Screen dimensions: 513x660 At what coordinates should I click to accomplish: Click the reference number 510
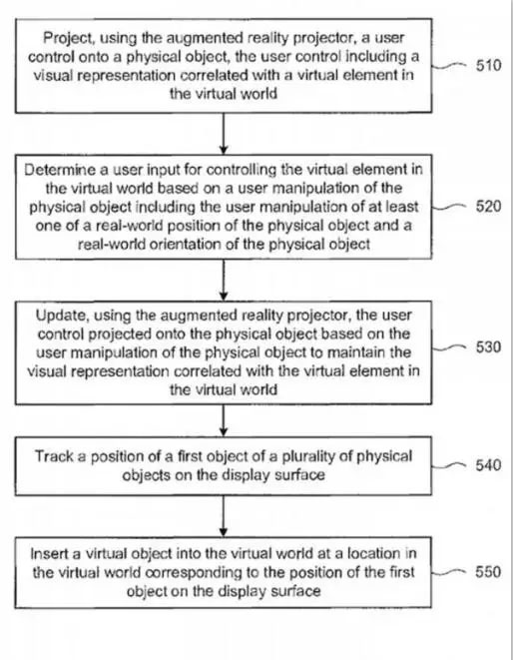coord(489,66)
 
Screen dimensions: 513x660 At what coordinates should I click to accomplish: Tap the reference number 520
coord(489,207)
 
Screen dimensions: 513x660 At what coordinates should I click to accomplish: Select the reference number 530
coord(489,346)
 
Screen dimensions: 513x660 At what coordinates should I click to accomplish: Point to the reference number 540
coord(488,465)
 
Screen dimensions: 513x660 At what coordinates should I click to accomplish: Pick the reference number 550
coord(488,571)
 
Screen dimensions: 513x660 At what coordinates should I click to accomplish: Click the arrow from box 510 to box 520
coord(224,134)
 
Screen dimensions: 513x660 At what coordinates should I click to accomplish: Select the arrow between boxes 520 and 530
coord(224,280)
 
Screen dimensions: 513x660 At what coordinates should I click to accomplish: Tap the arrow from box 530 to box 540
coord(224,420)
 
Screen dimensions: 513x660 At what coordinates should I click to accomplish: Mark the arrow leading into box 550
coord(224,516)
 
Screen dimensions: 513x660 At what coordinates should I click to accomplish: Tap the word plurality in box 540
coord(314,456)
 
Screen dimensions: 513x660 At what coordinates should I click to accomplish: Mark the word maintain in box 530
coord(357,352)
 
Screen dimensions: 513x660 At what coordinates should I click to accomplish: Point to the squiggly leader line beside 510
coord(450,66)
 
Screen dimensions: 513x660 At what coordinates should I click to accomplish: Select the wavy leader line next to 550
coord(450,572)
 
